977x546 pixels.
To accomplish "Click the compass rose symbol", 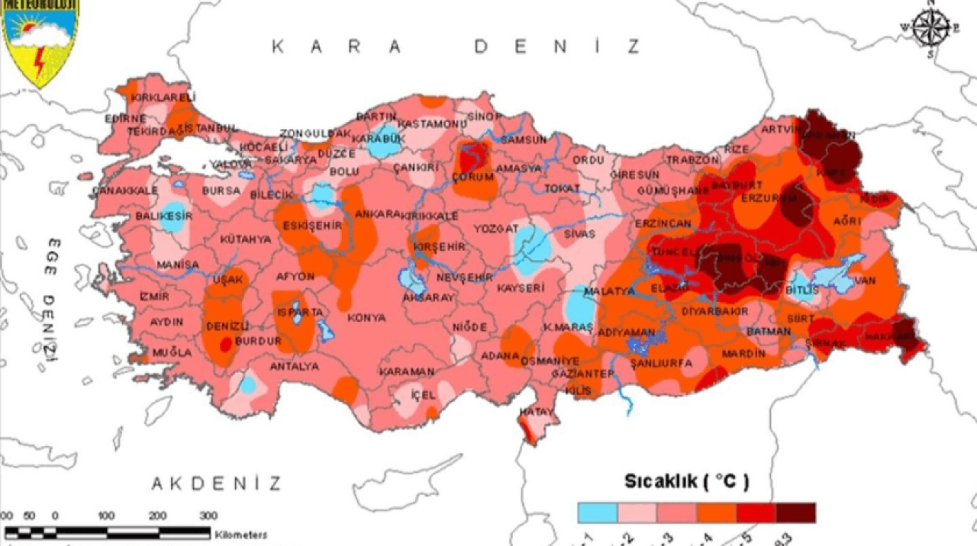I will [x=930, y=29].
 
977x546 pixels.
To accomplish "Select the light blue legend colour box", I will [x=597, y=512].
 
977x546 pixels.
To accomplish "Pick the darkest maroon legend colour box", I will [x=795, y=512].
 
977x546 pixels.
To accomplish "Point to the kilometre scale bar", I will [x=107, y=532].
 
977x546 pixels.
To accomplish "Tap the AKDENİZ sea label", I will [x=216, y=483].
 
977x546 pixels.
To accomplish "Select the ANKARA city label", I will [x=377, y=214].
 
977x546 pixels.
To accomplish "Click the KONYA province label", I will [x=366, y=317].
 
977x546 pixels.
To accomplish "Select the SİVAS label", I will [x=579, y=234].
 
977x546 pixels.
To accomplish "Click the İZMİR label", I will [x=154, y=297].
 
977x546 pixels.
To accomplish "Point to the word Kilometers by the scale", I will [x=241, y=535].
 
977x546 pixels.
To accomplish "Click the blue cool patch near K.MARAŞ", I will [x=580, y=310].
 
